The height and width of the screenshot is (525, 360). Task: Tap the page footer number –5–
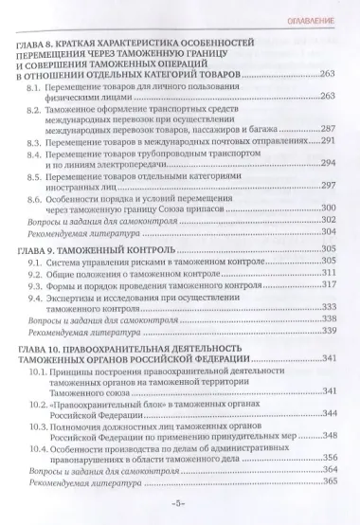(181, 506)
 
